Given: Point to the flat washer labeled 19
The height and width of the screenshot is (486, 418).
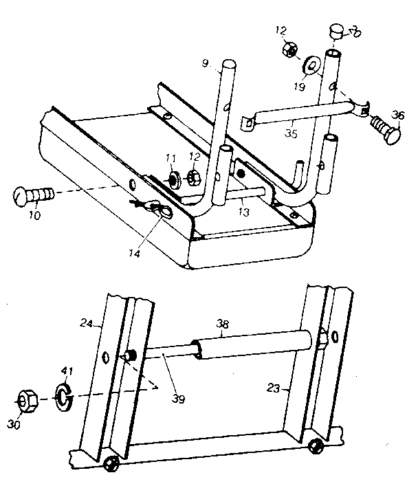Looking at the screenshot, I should tap(312, 66).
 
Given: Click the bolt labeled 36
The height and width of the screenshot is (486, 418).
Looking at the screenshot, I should tap(386, 130).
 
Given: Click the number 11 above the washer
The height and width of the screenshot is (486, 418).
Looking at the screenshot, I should tap(170, 158).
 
